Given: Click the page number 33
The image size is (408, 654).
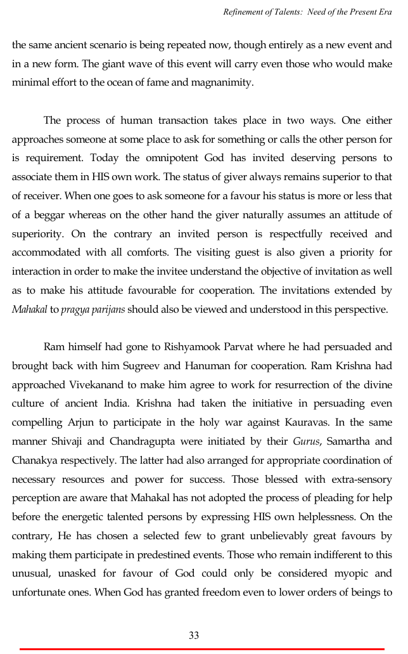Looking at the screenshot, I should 194,635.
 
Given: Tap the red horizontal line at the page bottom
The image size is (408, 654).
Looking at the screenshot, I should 202,649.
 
